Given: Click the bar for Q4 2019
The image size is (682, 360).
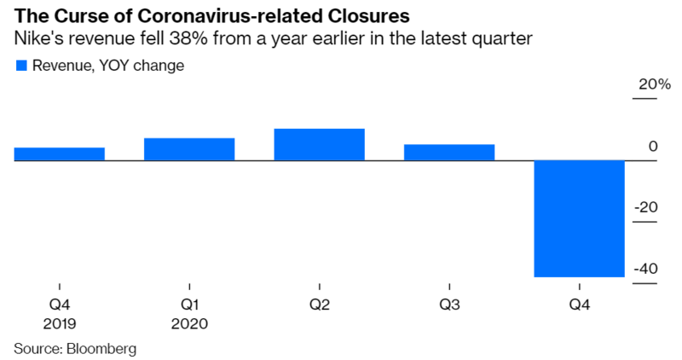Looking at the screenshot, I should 60,154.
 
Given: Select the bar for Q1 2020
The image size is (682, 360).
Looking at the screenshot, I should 189,148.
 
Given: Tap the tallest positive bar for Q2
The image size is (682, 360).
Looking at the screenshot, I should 319,144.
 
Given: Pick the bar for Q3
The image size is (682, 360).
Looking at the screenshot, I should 449,152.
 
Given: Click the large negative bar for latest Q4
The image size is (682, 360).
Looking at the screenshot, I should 579,218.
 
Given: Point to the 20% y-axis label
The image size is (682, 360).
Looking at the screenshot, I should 644,85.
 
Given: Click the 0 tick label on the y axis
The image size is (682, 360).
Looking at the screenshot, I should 653,147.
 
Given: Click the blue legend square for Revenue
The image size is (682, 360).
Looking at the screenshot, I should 21,65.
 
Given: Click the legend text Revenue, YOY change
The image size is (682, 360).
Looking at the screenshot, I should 107,65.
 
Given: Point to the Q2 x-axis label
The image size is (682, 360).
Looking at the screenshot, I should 319,305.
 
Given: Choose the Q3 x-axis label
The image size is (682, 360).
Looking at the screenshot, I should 449,305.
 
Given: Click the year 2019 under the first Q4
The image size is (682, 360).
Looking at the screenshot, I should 60,323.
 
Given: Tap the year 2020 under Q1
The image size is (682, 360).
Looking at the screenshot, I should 189,323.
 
